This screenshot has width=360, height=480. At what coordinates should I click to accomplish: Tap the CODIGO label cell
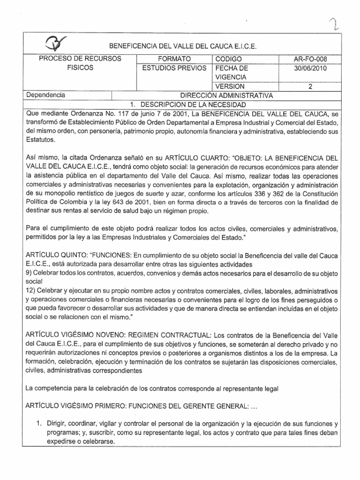(x=228, y=59)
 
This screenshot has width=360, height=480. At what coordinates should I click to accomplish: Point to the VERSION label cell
(x=230, y=86)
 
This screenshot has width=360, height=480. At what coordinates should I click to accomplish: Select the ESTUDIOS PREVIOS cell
(x=174, y=68)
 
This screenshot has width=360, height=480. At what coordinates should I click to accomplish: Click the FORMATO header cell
(x=174, y=59)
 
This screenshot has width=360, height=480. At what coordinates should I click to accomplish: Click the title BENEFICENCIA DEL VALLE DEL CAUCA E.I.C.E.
(x=183, y=46)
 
